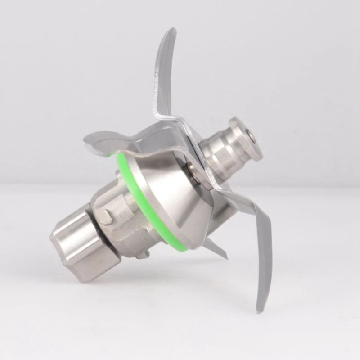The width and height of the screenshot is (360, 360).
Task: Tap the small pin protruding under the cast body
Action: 143,255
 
